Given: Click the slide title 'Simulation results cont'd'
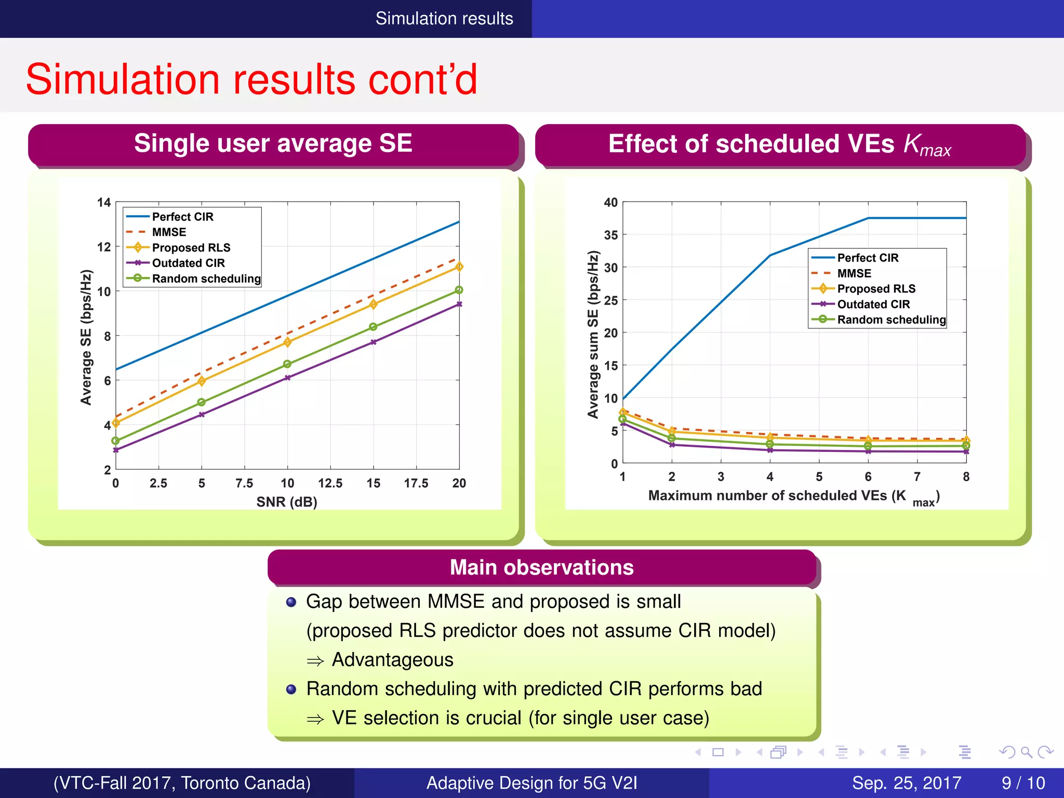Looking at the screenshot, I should tap(251, 79).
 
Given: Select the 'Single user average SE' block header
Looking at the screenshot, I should tap(273, 143).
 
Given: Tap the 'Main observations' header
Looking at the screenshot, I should tap(541, 567).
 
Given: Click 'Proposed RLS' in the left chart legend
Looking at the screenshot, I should tap(191, 248).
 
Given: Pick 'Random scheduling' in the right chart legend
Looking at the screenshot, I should tap(891, 320).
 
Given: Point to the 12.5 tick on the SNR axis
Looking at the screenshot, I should tap(330, 483).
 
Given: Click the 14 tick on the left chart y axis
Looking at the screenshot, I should tap(104, 203).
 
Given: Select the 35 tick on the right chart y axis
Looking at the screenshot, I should tap(610, 235).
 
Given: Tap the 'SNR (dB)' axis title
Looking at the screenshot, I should tap(287, 502).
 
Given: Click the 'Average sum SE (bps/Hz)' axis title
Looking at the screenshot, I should tap(593, 334).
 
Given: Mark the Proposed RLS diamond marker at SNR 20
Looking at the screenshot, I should tap(459, 267).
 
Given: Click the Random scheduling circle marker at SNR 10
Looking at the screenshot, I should tap(287, 364).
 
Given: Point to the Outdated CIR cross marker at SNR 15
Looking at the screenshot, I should tap(373, 342).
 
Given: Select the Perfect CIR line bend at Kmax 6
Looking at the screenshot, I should tap(868, 218).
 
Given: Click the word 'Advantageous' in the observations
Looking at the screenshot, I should tap(392, 660).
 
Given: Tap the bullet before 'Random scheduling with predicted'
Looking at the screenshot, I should tap(291, 689).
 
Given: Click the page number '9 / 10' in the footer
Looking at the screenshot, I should tap(1023, 783).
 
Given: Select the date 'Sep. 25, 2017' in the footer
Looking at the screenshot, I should tap(906, 783).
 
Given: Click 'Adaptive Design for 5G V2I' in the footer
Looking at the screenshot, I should tap(531, 783).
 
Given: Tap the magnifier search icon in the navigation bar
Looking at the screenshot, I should tap(1026, 752).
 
